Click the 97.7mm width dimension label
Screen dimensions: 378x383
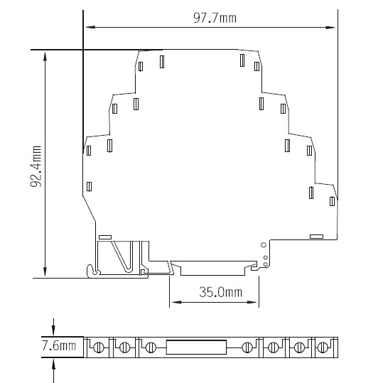(x=215, y=18)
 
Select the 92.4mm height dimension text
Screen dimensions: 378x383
(x=36, y=166)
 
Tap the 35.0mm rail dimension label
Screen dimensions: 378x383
(x=220, y=292)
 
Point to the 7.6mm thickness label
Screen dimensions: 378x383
(x=60, y=346)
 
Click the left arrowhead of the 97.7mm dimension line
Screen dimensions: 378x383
(x=90, y=27)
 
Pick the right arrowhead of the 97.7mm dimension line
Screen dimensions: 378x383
(x=330, y=27)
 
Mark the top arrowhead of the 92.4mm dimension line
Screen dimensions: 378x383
(x=45, y=56)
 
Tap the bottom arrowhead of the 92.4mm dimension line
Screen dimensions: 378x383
(x=45, y=271)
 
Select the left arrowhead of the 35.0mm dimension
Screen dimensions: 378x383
(x=176, y=302)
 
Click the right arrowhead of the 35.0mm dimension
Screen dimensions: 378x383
(x=252, y=302)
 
